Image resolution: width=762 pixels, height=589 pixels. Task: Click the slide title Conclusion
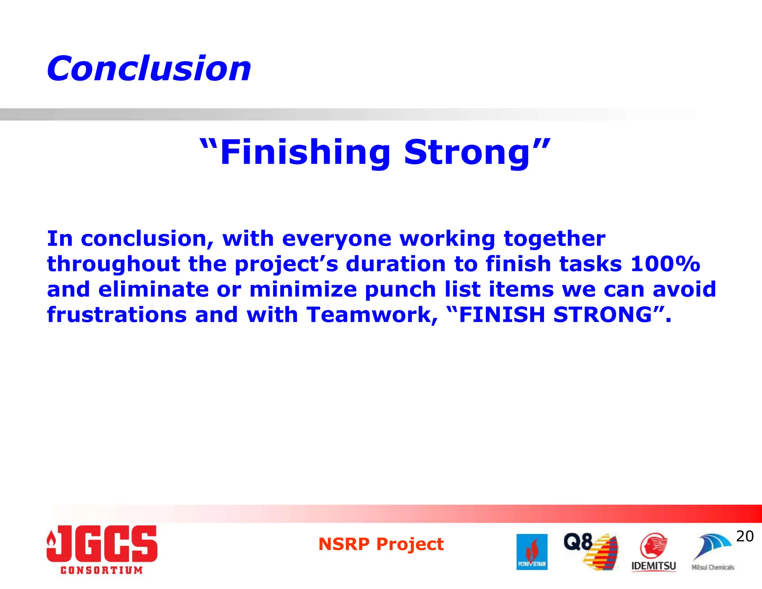click(x=149, y=69)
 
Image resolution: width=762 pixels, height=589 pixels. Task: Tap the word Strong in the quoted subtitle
click(x=467, y=153)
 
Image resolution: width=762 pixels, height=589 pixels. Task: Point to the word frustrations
click(x=116, y=315)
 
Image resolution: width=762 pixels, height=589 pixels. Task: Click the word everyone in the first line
click(x=336, y=239)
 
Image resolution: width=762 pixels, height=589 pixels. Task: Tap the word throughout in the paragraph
click(x=113, y=264)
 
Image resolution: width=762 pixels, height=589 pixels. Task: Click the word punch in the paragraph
click(x=400, y=290)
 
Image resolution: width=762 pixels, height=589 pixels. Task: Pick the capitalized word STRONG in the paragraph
click(x=603, y=315)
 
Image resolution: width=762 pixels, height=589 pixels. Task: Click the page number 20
click(x=745, y=536)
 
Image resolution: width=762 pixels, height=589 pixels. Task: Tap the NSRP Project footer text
click(x=381, y=544)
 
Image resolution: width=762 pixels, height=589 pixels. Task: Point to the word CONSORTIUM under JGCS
click(x=102, y=570)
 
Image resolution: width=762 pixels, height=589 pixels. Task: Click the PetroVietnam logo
click(x=532, y=552)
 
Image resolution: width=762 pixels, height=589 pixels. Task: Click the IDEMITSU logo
click(x=653, y=552)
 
